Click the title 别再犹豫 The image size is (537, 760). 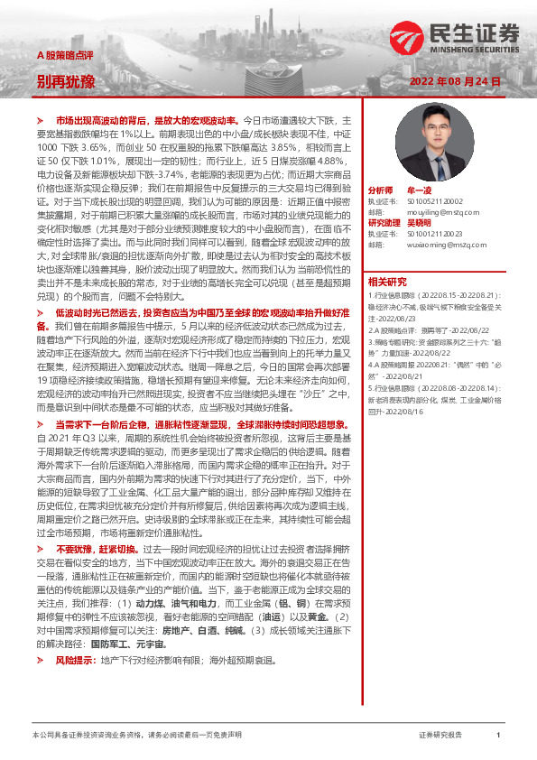[x=65, y=82]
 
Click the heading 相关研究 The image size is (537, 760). [x=387, y=281]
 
